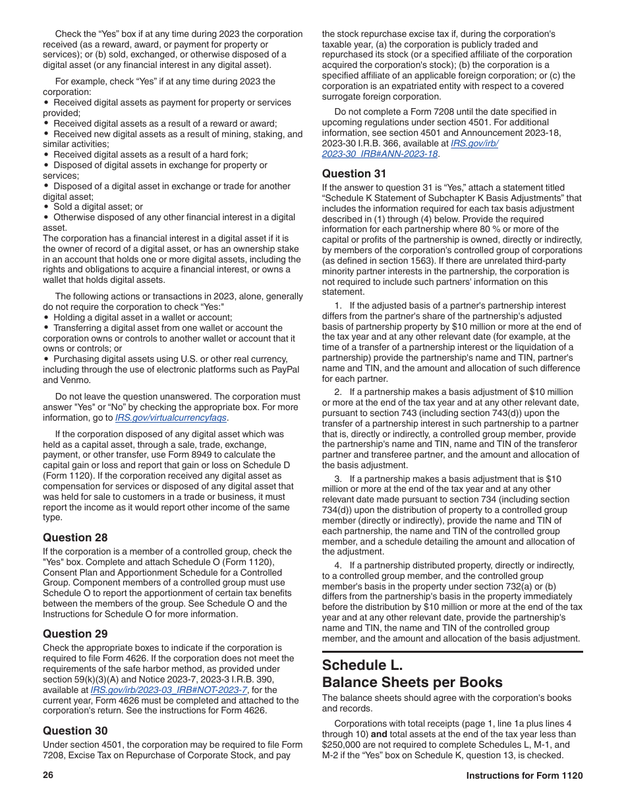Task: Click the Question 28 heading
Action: pos(75,537)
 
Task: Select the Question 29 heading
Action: pos(75,634)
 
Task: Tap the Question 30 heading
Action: pos(75,730)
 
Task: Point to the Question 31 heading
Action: pos(354,173)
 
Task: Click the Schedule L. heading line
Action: pos(362,665)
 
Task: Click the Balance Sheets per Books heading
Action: pos(412,682)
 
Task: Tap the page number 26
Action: pos(48,775)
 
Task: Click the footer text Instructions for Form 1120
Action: pos(525,775)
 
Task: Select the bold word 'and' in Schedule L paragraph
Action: pos(380,734)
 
